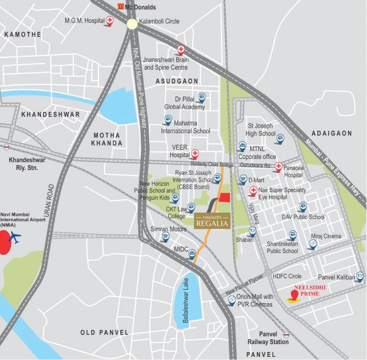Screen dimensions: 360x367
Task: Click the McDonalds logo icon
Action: pyautogui.click(x=121, y=7)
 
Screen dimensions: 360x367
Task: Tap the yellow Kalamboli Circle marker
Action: pyautogui.click(x=133, y=24)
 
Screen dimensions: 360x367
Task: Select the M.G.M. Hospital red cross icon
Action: pyautogui.click(x=110, y=21)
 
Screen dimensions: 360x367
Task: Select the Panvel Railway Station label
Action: pyautogui.click(x=265, y=338)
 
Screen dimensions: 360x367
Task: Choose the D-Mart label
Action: pyautogui.click(x=256, y=180)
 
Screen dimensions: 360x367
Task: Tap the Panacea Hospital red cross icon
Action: pyautogui.click(x=279, y=166)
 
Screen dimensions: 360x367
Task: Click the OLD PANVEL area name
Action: pyautogui.click(x=105, y=332)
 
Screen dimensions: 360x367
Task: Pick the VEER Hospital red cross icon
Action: pyautogui.click(x=195, y=153)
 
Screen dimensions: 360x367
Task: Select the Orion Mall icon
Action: pyautogui.click(x=232, y=300)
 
